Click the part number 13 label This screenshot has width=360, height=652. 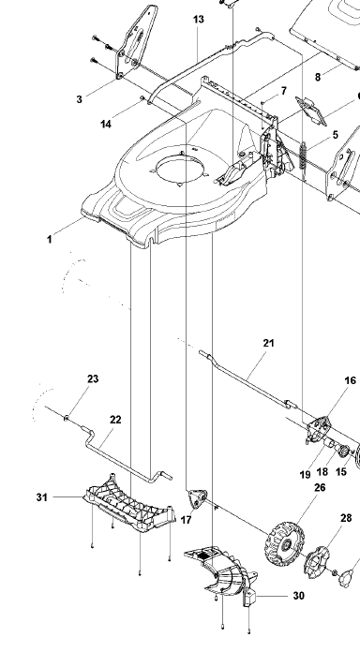pos(199,20)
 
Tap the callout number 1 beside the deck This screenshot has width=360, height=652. pos(50,240)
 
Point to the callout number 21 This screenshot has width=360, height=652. pos(269,343)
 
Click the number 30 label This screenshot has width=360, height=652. pos(299,596)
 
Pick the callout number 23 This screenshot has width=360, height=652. pos(93,378)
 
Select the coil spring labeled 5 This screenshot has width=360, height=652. pos(303,156)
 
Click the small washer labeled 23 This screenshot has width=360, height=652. pos(67,418)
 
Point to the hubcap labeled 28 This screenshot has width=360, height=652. pos(317,562)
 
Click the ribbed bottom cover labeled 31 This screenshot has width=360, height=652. pos(130,503)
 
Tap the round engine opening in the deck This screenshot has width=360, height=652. pos(181,171)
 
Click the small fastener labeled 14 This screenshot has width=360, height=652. pos(142,98)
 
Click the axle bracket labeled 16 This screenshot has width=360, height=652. pos(319,429)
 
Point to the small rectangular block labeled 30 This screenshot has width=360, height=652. pos(248,599)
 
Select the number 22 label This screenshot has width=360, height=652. pos(115,420)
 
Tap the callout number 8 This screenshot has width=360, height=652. pos(318,77)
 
